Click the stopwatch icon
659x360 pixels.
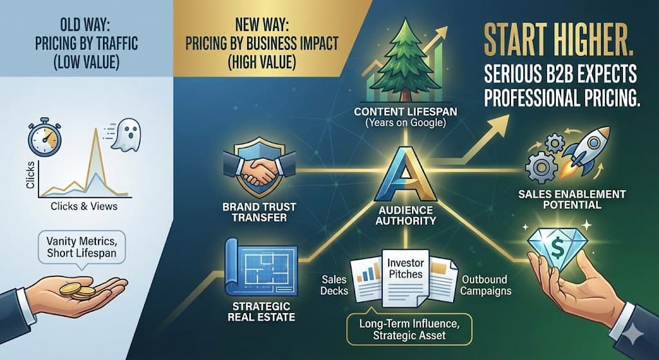[44, 140]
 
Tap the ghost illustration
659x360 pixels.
[125, 135]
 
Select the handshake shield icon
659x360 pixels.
[259, 168]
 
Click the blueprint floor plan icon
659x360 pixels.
[261, 267]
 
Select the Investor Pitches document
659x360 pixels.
[405, 278]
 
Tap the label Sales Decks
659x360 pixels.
[335, 285]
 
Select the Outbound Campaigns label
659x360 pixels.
[486, 285]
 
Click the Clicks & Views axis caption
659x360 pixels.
[84, 206]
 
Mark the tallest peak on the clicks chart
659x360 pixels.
[96, 129]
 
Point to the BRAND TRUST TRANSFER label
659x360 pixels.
[259, 213]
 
